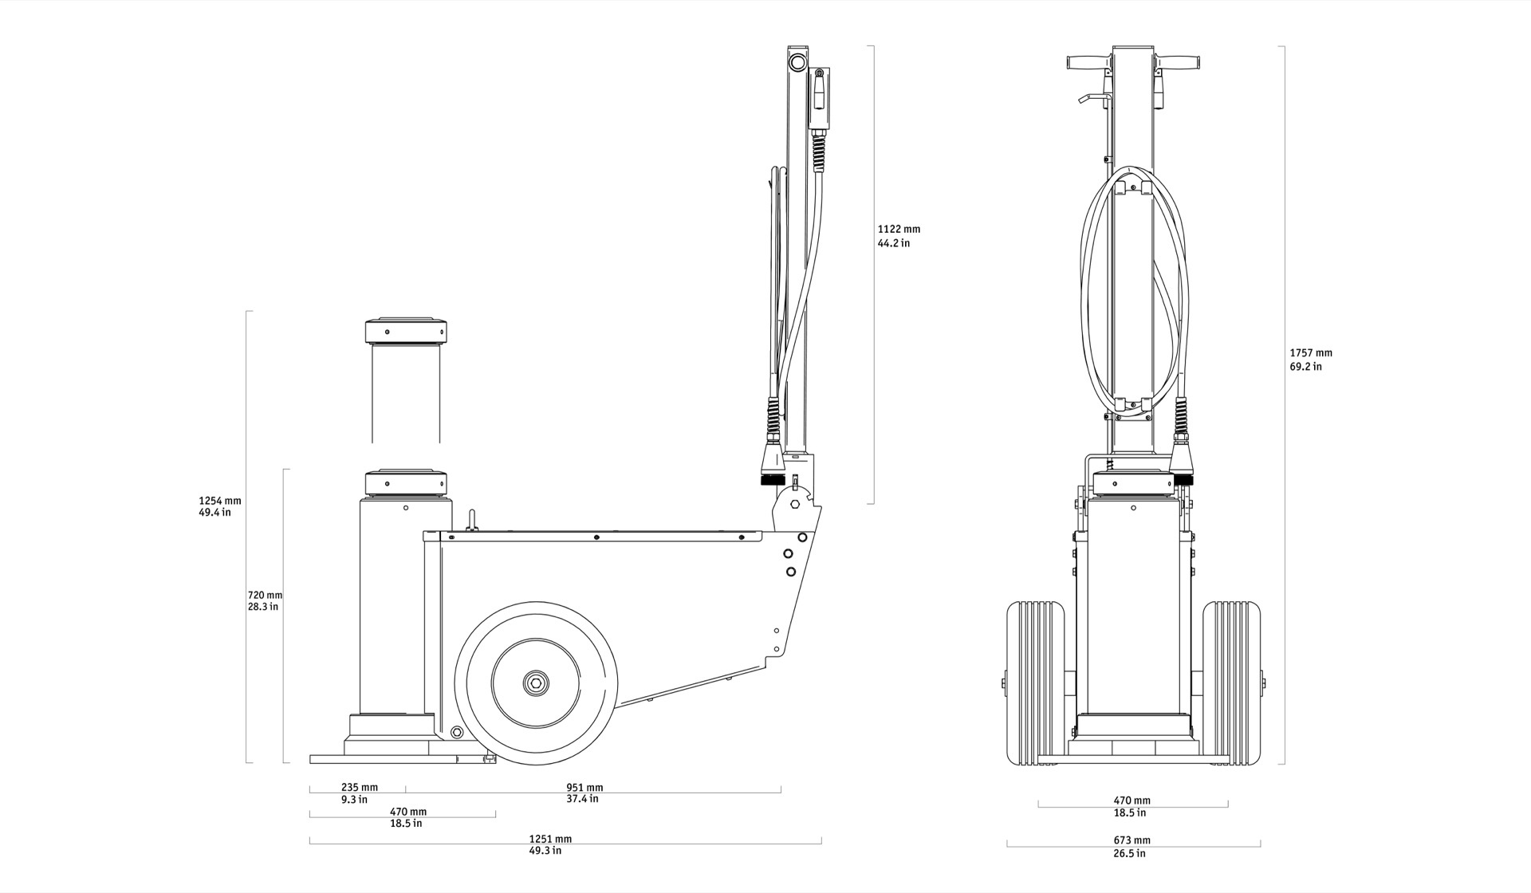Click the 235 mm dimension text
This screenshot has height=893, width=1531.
[x=360, y=787]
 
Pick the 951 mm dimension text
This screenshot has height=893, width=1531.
[x=584, y=787]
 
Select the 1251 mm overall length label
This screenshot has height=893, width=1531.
[x=550, y=839]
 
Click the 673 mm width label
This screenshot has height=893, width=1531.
[x=1132, y=840]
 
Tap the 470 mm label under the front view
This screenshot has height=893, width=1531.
[x=1132, y=801]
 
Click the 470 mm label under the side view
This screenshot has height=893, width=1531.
[x=407, y=812]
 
